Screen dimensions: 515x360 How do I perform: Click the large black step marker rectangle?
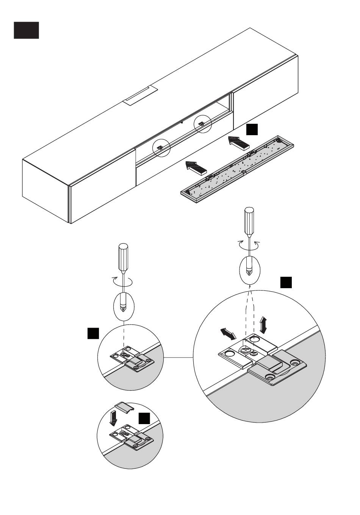[x=26, y=30]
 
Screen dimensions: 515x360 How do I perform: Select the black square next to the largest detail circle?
[x=286, y=282]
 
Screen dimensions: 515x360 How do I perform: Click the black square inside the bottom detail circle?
[x=144, y=418]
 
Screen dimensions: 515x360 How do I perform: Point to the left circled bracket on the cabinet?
[x=161, y=148]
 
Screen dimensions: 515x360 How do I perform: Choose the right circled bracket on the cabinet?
[x=202, y=123]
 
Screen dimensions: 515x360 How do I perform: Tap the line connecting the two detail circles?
[x=178, y=357]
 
